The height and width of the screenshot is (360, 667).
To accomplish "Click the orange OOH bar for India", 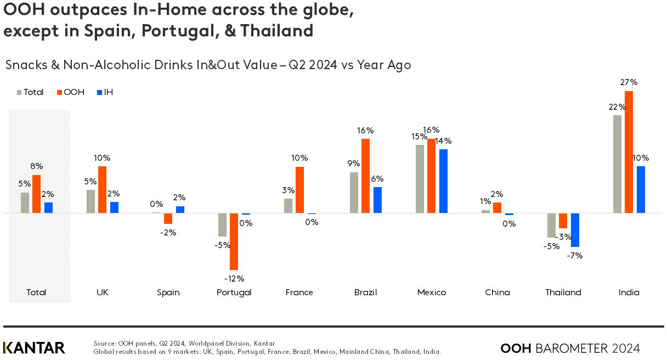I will coord(629,152).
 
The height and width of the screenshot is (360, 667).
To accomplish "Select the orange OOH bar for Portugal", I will coord(234,241).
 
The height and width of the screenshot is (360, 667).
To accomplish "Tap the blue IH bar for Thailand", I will coord(575,230).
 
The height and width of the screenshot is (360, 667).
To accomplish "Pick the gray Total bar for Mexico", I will coord(420,179).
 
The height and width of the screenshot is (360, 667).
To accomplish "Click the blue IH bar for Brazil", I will coord(377,200).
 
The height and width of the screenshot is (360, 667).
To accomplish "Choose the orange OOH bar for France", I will coord(299,190).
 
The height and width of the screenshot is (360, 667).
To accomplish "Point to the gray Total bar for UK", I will coord(91,201).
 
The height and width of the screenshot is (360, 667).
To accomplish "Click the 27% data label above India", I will coord(629,82).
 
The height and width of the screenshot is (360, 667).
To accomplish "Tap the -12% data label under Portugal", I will coord(234,278).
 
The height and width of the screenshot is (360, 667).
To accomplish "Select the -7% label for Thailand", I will coord(575,255).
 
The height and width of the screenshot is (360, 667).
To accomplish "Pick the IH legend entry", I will coord(105,92).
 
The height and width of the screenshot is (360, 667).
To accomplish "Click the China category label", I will coord(497,292).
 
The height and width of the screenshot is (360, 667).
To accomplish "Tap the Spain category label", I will coord(168,292).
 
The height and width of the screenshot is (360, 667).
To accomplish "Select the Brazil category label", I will coord(365,292).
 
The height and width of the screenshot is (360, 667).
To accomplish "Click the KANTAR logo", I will coord(34,347).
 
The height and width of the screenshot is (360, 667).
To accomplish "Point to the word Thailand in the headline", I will coord(279,31).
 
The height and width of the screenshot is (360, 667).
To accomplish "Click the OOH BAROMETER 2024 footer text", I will coord(570,348).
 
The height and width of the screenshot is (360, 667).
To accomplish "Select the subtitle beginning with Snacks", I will coord(208,65).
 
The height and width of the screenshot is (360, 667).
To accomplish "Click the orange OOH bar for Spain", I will coord(168,218).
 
